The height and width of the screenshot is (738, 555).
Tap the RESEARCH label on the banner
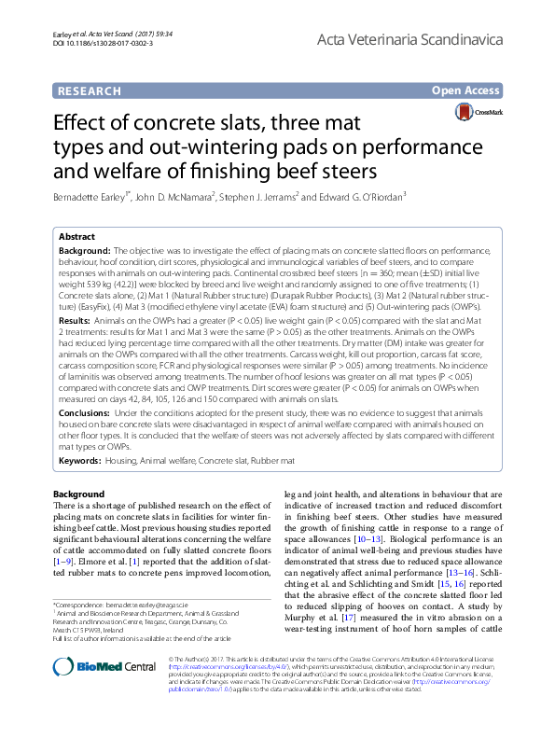point(90,91)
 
